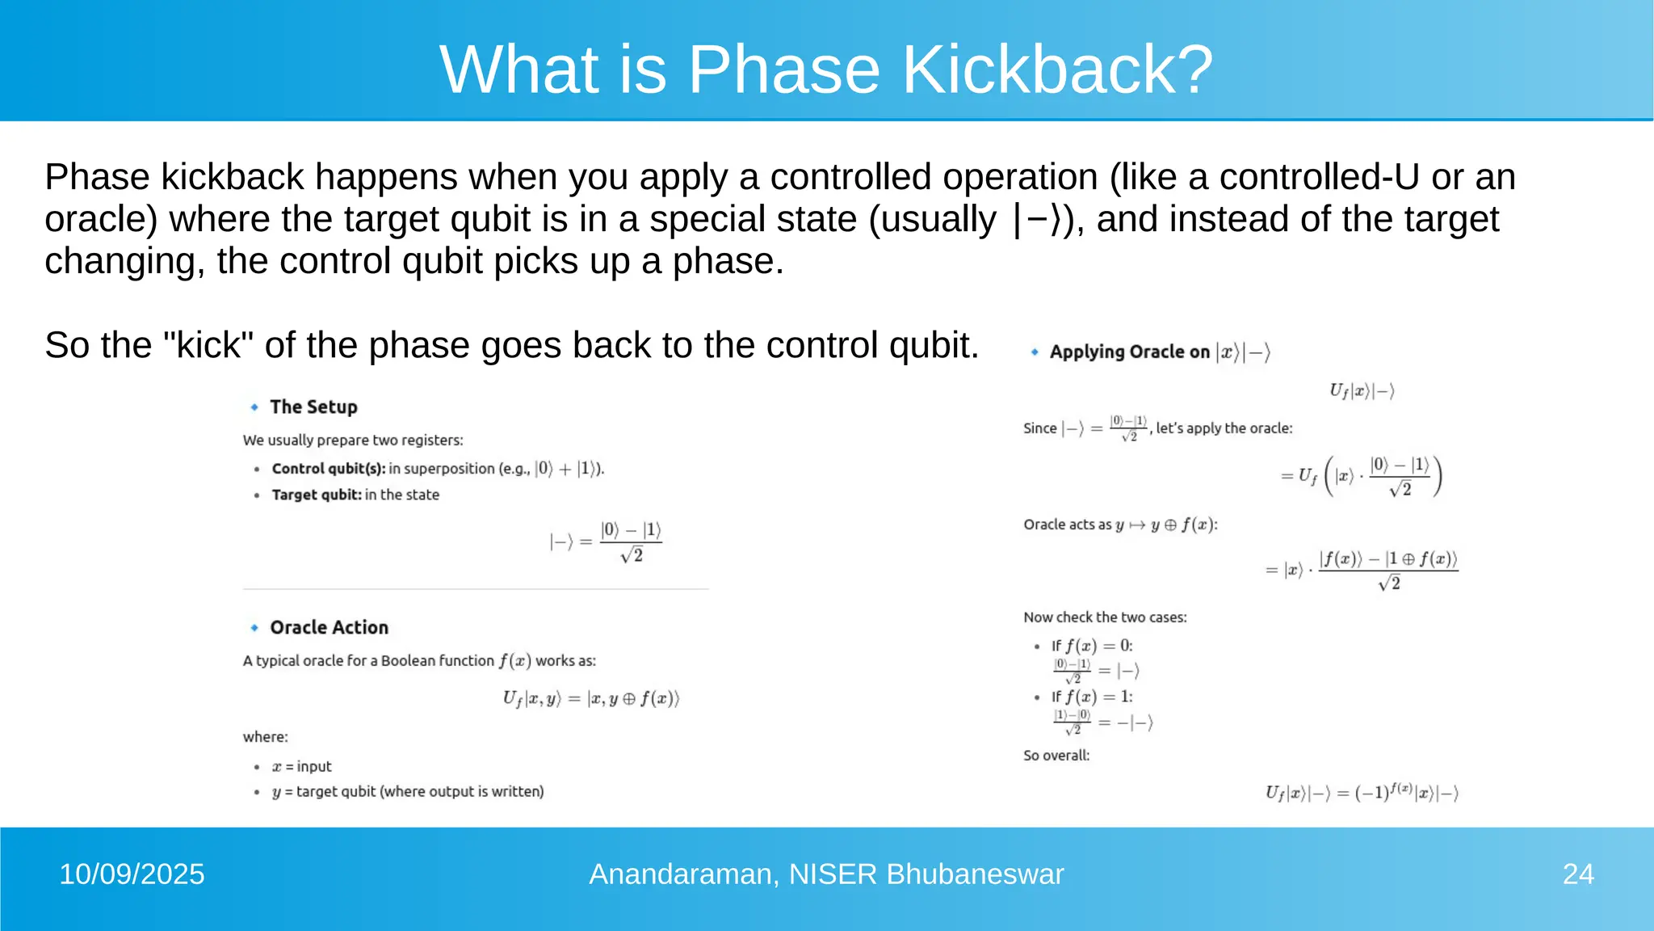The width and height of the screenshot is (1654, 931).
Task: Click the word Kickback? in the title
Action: coord(1057,70)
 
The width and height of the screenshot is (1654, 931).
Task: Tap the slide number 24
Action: coord(1577,874)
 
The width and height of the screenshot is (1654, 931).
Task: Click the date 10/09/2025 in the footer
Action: coord(132,874)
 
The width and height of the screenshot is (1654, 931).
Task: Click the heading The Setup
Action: coord(313,407)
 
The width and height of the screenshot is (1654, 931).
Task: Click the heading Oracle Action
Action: coord(329,628)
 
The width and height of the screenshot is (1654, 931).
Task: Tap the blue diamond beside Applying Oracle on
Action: coord(1035,352)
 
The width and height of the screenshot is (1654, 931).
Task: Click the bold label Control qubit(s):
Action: coord(329,469)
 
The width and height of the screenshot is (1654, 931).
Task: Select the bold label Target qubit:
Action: coord(317,495)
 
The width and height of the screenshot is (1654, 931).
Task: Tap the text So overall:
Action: coord(1056,756)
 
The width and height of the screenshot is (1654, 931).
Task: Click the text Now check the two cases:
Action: coord(1105,617)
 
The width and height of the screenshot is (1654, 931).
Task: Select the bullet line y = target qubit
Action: coord(408,792)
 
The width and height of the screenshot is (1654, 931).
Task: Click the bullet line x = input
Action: coord(302,766)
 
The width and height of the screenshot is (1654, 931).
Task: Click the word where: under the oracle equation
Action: coord(266,737)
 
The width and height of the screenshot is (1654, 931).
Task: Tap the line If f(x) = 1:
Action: coord(1092,697)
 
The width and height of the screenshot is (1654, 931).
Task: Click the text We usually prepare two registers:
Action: coord(353,440)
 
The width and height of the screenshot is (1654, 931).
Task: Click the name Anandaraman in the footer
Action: coord(683,874)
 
